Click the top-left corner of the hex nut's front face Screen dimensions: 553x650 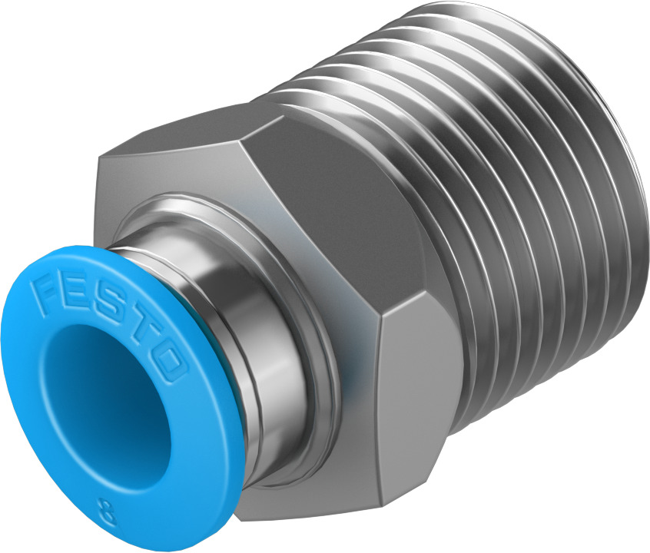click(100, 157)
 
